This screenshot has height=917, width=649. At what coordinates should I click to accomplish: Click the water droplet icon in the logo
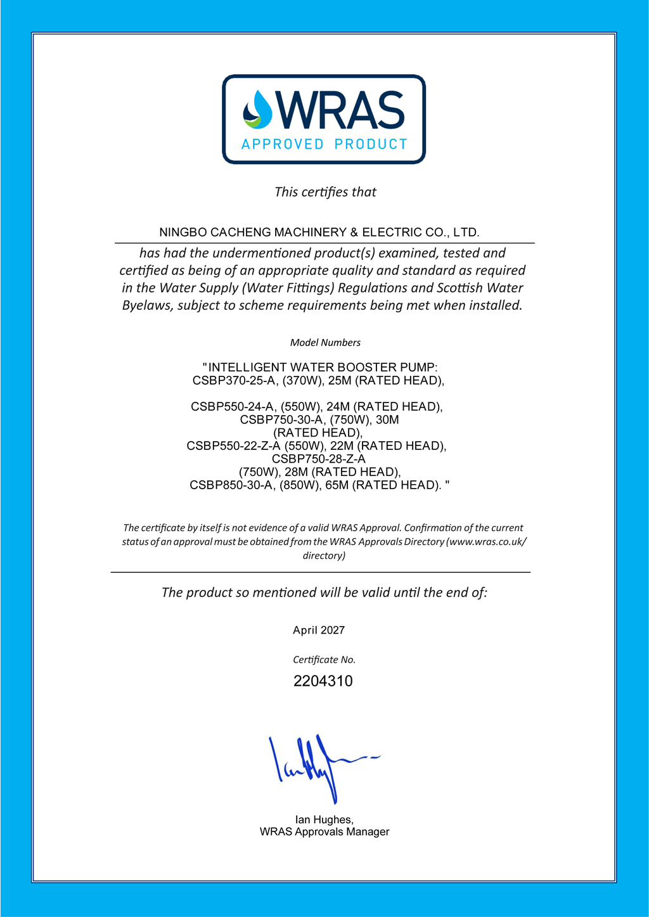257,109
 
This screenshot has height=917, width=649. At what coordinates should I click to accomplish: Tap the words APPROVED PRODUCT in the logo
324,144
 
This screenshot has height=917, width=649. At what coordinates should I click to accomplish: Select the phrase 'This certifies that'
325,192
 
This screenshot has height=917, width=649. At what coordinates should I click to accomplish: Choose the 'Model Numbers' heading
325,343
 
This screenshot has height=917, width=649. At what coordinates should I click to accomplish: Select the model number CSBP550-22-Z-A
233,446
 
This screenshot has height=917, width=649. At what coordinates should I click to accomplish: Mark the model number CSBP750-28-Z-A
319,459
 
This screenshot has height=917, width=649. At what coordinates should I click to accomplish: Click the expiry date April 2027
319,631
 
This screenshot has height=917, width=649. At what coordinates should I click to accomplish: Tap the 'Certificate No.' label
324,660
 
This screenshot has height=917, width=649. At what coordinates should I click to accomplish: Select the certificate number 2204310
323,681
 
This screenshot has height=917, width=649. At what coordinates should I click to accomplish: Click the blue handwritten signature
317,764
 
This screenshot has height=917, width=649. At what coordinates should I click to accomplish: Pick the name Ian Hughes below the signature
324,820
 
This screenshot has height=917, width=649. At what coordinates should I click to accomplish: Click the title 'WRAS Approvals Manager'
324,832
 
